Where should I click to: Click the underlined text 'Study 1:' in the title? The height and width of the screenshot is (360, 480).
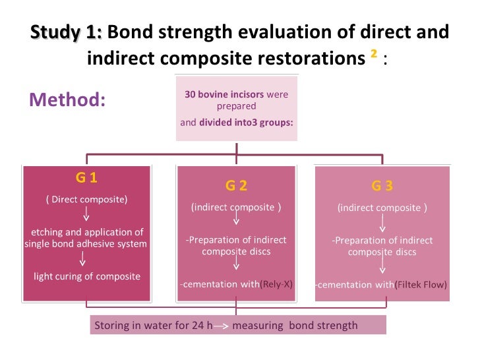(x=66, y=32)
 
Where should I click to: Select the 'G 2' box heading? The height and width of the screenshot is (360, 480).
(x=236, y=185)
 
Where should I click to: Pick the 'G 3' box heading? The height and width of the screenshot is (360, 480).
(x=382, y=185)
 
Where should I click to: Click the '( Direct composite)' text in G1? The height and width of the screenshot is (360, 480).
(x=86, y=198)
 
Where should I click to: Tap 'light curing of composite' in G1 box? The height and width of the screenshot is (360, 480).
(x=87, y=276)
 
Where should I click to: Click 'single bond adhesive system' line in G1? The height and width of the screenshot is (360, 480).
(x=86, y=244)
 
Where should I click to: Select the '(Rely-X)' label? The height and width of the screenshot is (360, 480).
(x=276, y=285)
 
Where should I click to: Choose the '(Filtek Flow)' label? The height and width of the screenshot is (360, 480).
(x=421, y=285)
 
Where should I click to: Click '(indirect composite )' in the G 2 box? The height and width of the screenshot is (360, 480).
(x=236, y=207)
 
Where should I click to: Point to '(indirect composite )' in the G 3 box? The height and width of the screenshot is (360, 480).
(x=382, y=208)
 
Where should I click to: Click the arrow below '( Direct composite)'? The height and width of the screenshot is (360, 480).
(x=86, y=215)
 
